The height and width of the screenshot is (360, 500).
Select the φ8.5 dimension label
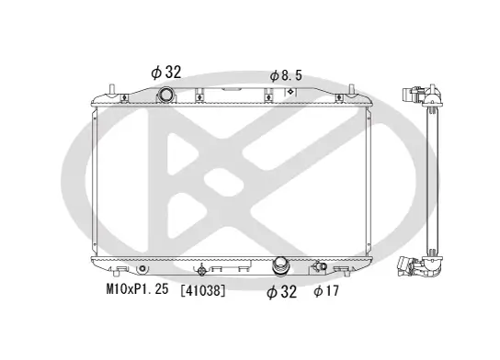pyautogui.click(x=286, y=74)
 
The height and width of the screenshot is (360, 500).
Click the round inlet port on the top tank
pyautogui.click(x=165, y=96)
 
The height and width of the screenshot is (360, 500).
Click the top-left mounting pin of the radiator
pyautogui.click(x=111, y=89)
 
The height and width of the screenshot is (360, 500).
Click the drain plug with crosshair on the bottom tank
pyautogui.click(x=203, y=270)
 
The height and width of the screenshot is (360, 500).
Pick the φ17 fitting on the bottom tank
pyautogui.click(x=320, y=268)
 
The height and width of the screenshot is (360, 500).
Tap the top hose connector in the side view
pyautogui.click(x=420, y=96)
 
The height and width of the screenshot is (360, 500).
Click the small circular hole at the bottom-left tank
pyautogui.click(x=142, y=269)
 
